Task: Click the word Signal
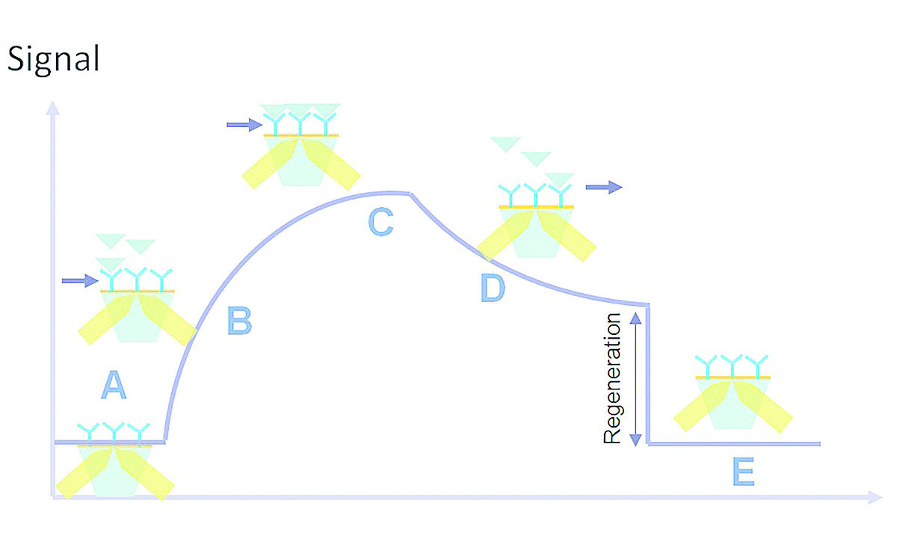[53, 59]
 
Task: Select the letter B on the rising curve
[239, 321]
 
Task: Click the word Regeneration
[612, 378]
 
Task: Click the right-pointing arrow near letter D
[603, 187]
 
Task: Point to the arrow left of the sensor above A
[79, 281]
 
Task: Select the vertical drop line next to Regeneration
[647, 374]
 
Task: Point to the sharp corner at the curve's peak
[409, 194]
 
